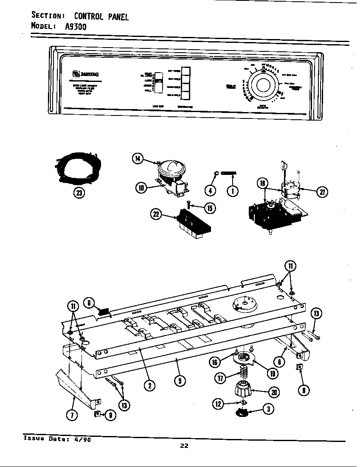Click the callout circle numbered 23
[79, 193]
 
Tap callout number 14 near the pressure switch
[138, 159]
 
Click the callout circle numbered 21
[322, 192]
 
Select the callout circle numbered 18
[263, 183]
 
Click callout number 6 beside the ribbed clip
[89, 302]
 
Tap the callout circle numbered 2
[149, 385]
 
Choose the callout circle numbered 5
[180, 381]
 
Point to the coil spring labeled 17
[242, 375]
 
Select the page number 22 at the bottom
[184, 445]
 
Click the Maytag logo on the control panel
[80, 75]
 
